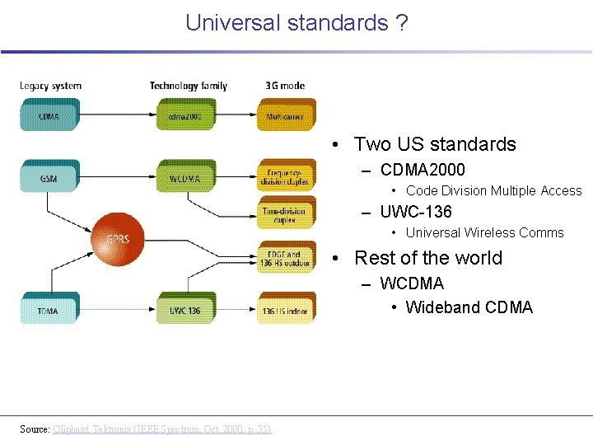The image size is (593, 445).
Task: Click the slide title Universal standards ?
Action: tap(296, 23)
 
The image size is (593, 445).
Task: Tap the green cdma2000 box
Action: tap(185, 116)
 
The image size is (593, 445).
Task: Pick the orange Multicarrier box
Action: tap(285, 116)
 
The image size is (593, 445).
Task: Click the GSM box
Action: tap(49, 178)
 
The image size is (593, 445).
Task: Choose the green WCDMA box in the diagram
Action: tap(185, 178)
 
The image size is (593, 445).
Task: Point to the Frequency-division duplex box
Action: tap(285, 177)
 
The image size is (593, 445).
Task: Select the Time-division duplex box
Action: tap(285, 215)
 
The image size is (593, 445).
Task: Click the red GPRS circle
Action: tap(117, 239)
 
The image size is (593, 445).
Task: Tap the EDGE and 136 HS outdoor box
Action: tap(285, 258)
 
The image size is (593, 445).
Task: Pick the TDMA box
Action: tap(48, 311)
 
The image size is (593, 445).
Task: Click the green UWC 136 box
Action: tap(185, 311)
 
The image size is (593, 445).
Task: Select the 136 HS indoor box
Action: tap(285, 311)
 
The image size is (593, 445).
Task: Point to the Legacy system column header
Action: tap(50, 86)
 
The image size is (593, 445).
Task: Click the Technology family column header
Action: tap(189, 86)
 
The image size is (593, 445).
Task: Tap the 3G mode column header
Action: tap(285, 86)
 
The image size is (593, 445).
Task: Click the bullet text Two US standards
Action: tap(435, 144)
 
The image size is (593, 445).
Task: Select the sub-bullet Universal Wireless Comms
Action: tap(484, 232)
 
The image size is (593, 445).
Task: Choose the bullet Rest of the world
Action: tap(427, 258)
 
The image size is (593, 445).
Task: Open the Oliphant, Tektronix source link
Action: tap(162, 429)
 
